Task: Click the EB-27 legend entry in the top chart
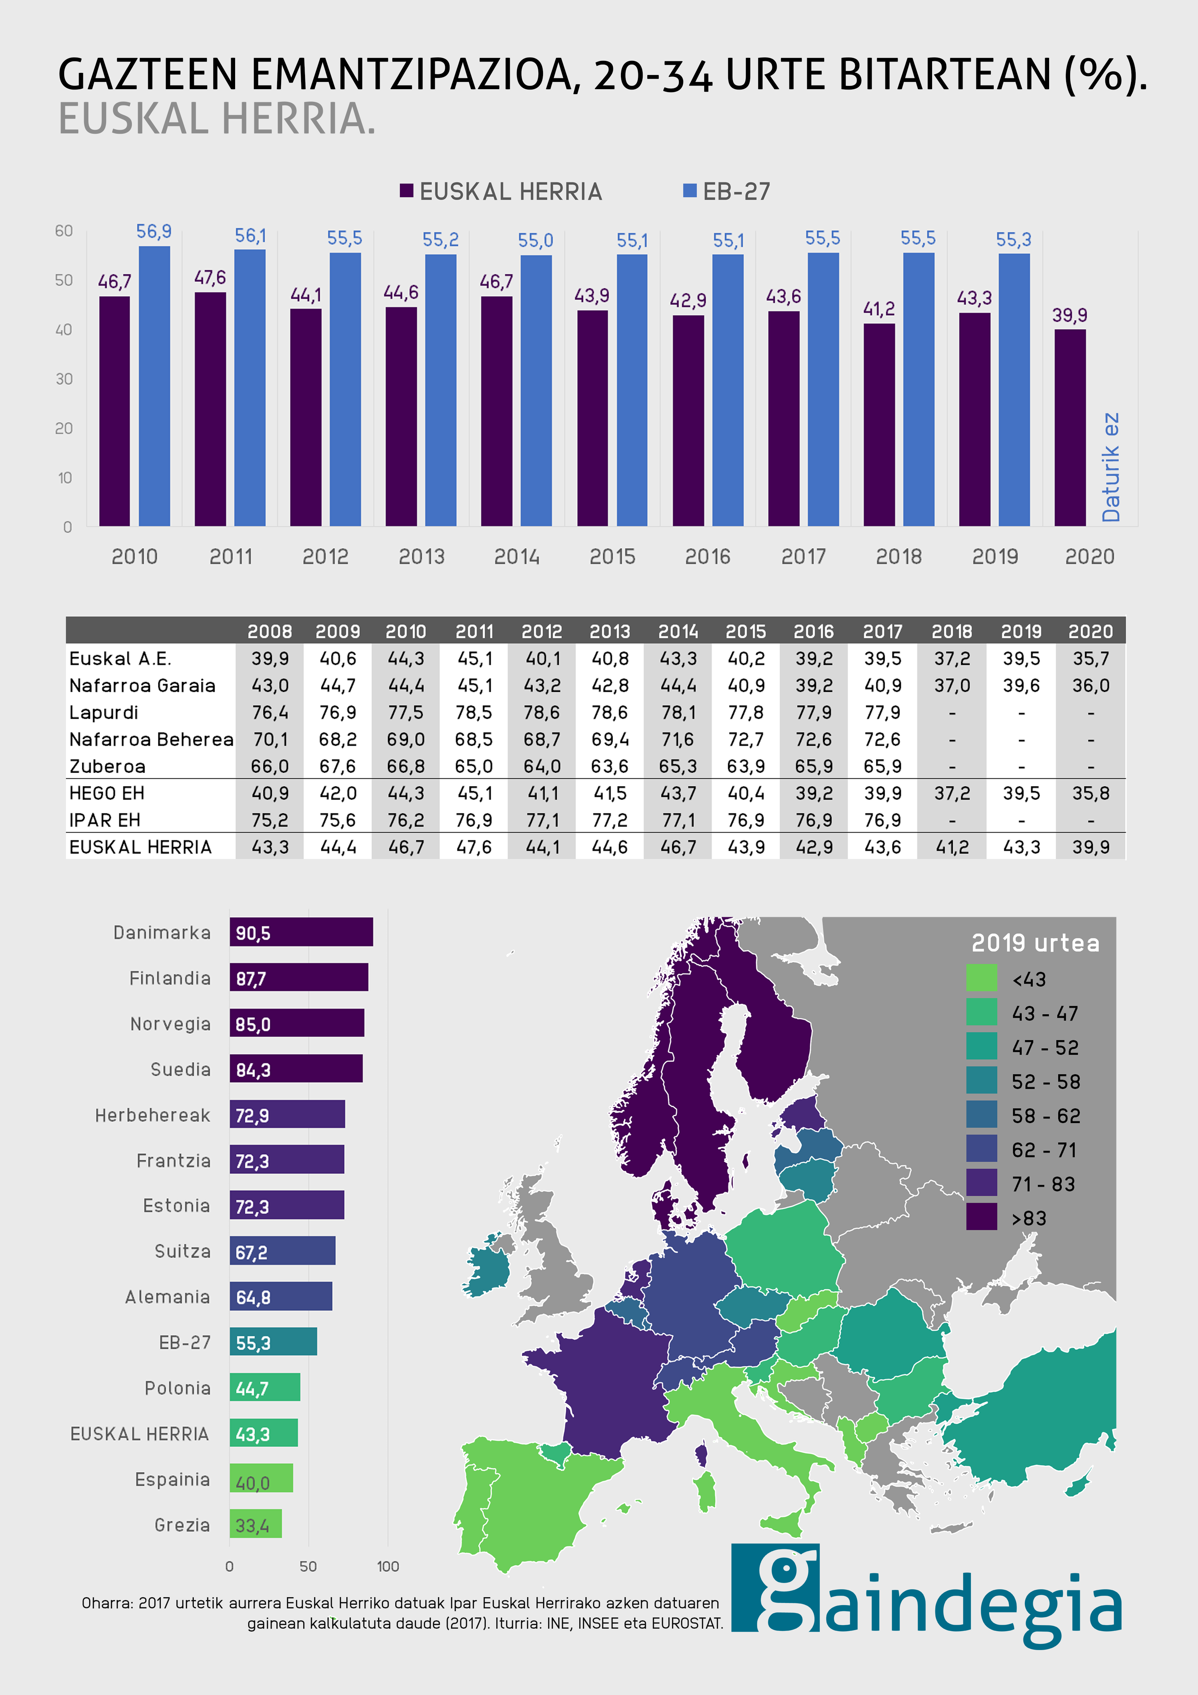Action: point(727,192)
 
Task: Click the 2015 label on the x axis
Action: point(612,557)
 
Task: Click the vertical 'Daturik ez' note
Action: point(1111,467)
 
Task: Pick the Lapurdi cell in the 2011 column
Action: point(474,713)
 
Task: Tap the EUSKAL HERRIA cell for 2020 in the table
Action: point(1090,847)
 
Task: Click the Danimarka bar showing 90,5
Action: point(301,932)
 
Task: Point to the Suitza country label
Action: point(182,1251)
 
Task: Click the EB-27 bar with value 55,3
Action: point(273,1342)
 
